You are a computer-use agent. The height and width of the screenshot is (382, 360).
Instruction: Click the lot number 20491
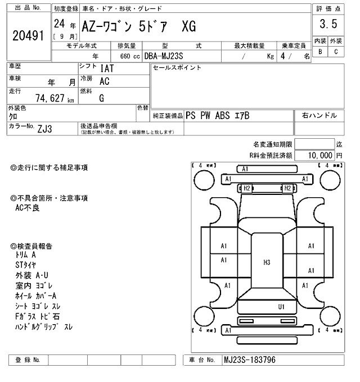tap(28, 35)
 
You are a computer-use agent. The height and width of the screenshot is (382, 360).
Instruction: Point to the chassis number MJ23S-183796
tap(250, 360)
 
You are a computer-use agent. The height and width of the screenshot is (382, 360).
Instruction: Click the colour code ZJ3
tap(46, 129)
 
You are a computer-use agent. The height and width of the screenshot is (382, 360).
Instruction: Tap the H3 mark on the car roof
tap(267, 262)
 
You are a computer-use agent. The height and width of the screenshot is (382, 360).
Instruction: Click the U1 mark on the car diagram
tap(281, 307)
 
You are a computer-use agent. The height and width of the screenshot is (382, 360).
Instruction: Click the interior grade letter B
tap(321, 52)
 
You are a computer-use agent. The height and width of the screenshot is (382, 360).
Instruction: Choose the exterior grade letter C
tap(336, 52)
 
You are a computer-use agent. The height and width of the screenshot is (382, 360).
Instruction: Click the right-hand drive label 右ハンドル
tap(319, 115)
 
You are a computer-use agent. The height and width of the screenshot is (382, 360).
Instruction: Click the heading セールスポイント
tap(177, 67)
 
